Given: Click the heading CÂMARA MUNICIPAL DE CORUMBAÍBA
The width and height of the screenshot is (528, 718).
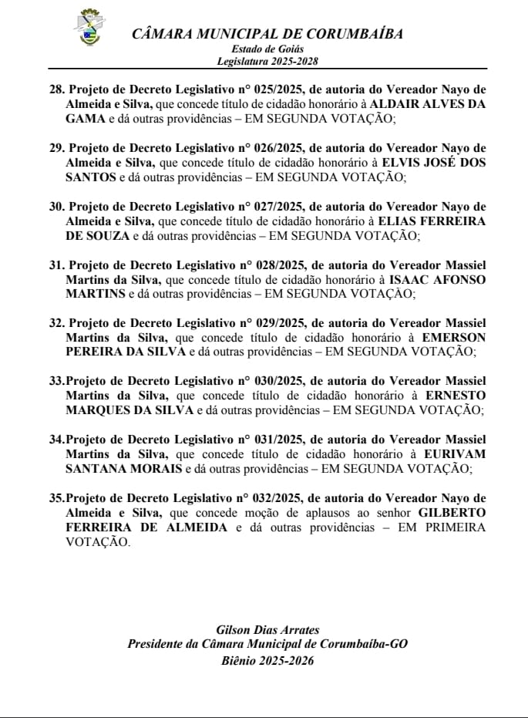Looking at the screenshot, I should [x=267, y=34].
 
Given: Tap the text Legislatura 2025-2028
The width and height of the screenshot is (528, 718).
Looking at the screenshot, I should [x=267, y=61].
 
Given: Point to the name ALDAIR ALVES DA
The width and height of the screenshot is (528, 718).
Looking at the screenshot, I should [x=427, y=104].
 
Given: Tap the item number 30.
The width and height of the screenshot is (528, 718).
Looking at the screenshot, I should [x=56, y=206].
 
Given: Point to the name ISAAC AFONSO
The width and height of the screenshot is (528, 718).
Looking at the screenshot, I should [x=439, y=278].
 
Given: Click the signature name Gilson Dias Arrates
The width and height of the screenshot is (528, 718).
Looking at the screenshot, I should [x=267, y=630].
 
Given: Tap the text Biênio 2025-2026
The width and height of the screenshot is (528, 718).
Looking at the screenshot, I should [x=267, y=660].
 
